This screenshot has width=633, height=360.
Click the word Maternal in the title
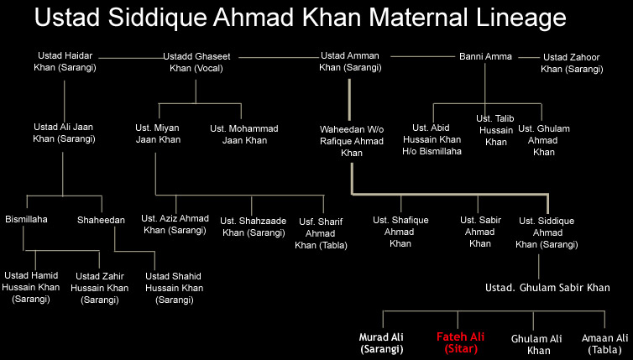(x=418, y=18)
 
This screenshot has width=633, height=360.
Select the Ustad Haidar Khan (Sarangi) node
(x=65, y=61)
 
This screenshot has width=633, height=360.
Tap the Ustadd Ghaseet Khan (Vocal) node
(x=196, y=62)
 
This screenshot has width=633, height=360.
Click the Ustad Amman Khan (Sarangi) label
(x=350, y=61)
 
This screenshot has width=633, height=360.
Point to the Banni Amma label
(x=485, y=56)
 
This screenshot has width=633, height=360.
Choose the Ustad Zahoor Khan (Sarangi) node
(x=572, y=63)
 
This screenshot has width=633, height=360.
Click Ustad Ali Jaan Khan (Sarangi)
(x=64, y=133)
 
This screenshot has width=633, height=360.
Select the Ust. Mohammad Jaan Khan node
(x=244, y=134)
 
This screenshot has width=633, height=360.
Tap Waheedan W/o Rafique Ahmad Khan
(x=352, y=141)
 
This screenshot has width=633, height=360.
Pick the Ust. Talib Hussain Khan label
(x=495, y=130)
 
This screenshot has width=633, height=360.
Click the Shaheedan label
(x=101, y=220)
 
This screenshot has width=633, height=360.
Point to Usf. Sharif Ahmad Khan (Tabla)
(x=321, y=233)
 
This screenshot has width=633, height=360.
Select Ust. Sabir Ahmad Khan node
(x=480, y=232)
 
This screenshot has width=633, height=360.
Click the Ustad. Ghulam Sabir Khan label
(x=547, y=287)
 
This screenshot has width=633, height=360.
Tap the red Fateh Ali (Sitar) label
(x=461, y=342)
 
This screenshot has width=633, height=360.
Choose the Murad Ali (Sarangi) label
(x=381, y=343)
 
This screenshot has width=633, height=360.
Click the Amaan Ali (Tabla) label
(x=604, y=343)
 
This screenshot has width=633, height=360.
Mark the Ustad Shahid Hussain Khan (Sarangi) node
(x=174, y=288)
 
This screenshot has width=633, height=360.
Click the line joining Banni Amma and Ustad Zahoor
(x=528, y=57)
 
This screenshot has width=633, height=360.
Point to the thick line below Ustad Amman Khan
(x=349, y=100)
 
